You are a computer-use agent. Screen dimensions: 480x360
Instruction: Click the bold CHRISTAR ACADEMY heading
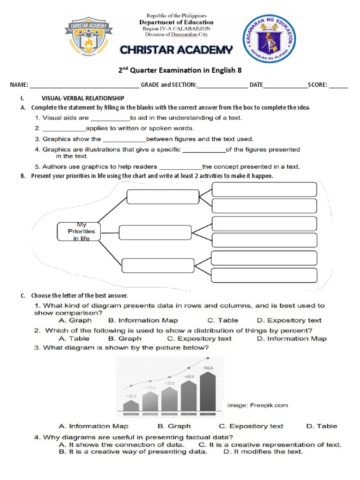[176, 50]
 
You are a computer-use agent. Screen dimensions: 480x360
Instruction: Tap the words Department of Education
[176, 22]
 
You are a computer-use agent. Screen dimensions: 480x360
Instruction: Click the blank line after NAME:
[84, 86]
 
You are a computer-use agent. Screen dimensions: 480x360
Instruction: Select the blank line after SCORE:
[338, 86]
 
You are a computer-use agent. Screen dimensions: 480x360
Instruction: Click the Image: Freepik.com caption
[257, 405]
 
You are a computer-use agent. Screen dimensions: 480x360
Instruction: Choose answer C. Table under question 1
[223, 321]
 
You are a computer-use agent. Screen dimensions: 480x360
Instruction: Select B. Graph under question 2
[124, 338]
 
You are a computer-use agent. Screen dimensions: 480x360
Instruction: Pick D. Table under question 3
[321, 426]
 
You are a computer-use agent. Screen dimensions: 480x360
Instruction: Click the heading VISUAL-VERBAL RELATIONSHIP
[83, 98]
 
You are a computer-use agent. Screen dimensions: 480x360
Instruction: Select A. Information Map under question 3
[93, 426]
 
